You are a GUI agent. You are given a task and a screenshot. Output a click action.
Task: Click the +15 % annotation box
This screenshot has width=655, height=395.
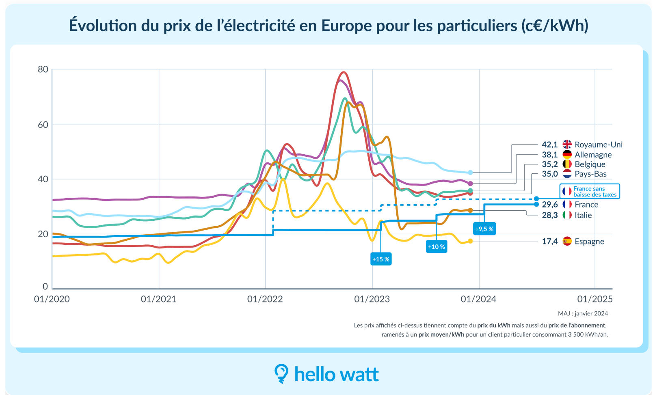[381, 259]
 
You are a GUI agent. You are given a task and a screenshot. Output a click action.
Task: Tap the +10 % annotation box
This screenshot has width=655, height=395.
[437, 246]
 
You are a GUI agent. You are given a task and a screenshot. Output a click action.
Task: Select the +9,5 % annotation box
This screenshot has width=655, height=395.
[484, 229]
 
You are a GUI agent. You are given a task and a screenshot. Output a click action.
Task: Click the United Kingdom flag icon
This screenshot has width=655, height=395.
[567, 145]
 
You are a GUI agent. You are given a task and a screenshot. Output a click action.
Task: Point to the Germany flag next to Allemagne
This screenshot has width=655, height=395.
[567, 155]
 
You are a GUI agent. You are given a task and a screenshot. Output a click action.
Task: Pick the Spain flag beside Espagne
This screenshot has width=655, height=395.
[567, 242]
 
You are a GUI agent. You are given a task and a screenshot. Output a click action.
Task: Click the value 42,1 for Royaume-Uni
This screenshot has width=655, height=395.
[549, 145]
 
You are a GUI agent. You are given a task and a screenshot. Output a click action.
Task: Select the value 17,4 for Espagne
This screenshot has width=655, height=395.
[549, 242]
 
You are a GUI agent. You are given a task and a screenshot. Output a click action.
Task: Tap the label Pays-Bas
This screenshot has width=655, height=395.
[590, 174]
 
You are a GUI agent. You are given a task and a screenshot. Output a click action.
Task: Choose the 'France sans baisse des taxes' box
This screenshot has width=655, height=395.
[590, 192]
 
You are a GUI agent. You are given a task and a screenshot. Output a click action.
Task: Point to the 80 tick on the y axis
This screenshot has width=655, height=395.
[43, 69]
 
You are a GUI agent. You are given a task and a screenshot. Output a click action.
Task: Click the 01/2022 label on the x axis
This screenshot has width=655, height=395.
[265, 299]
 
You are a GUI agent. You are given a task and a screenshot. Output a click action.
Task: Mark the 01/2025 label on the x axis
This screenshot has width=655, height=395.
[595, 299]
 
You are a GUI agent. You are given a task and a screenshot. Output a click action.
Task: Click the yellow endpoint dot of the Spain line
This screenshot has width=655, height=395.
[470, 241]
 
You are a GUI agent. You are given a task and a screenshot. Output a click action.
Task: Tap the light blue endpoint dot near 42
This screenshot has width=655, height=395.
[470, 173]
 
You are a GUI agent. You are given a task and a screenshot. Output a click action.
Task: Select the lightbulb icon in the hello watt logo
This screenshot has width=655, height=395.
[281, 373]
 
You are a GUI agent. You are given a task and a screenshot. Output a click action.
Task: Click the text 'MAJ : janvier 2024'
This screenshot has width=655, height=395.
[583, 313]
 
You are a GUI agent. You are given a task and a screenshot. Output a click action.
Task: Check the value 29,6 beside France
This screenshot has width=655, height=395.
[549, 205]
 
